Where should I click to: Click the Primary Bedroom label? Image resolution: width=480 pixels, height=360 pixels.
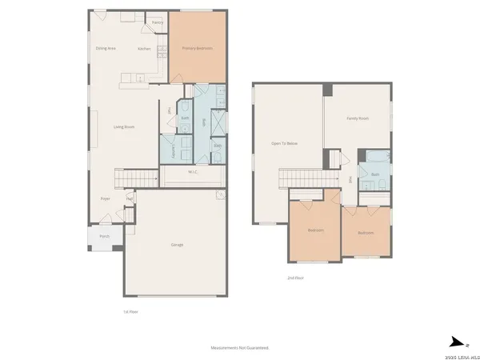(x=197, y=49)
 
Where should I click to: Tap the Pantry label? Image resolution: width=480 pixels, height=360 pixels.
(x=158, y=23)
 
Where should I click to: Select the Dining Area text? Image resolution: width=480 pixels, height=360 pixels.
(x=106, y=49)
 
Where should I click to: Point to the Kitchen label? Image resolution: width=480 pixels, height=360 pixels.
(x=144, y=49)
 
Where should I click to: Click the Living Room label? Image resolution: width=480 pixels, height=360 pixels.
(x=123, y=126)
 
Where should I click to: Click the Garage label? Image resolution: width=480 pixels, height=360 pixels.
(x=177, y=244)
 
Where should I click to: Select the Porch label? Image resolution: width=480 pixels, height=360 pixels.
(x=104, y=237)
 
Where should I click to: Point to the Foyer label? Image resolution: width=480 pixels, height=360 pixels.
(x=105, y=198)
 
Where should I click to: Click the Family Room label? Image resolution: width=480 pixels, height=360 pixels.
(x=357, y=118)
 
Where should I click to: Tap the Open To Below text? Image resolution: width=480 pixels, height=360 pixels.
(x=284, y=143)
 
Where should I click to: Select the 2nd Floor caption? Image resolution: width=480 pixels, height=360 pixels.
(x=296, y=278)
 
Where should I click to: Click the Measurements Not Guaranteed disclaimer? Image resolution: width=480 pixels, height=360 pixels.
(x=239, y=348)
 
